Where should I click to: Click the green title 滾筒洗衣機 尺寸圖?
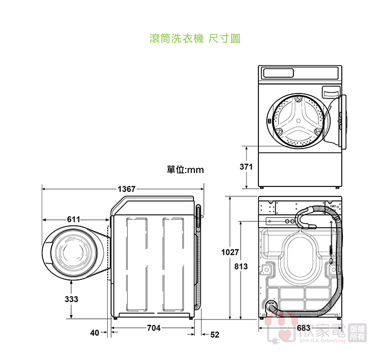[x=194, y=39]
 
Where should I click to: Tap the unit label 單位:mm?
[x=186, y=169]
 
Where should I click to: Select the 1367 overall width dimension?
[x=126, y=189]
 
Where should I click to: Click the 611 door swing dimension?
[x=74, y=219]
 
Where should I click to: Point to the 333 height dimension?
[x=71, y=299]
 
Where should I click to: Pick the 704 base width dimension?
[x=154, y=328]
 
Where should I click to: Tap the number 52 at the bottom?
[x=215, y=334]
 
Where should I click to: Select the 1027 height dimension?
[x=230, y=253]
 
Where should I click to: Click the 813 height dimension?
[x=241, y=267]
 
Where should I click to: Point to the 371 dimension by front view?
[x=246, y=167]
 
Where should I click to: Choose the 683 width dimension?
[x=303, y=328]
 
